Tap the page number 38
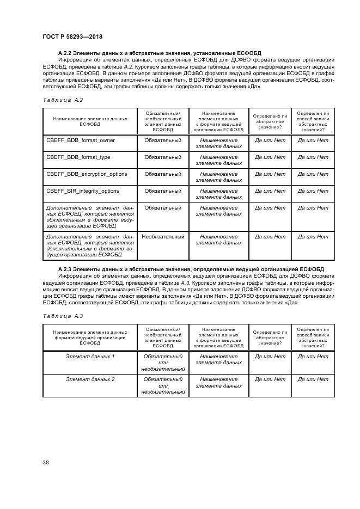click(x=46, y=463)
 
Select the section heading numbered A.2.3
click(x=191, y=269)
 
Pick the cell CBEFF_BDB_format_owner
click(x=81, y=140)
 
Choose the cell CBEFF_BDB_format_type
click(x=78, y=157)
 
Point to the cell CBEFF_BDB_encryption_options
click(x=87, y=174)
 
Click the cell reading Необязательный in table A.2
click(x=163, y=237)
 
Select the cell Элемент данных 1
click(x=90, y=357)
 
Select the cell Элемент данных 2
click(x=90, y=379)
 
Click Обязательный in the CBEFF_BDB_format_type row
click(x=163, y=157)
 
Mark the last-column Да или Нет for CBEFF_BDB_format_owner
click(x=313, y=140)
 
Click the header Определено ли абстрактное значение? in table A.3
click(x=270, y=336)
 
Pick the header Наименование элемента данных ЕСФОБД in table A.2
click(x=90, y=121)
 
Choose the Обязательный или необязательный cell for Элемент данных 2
click(x=163, y=385)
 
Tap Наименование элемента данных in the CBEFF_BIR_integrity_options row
click(x=218, y=194)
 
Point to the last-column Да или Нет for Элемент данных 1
click(x=313, y=357)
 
